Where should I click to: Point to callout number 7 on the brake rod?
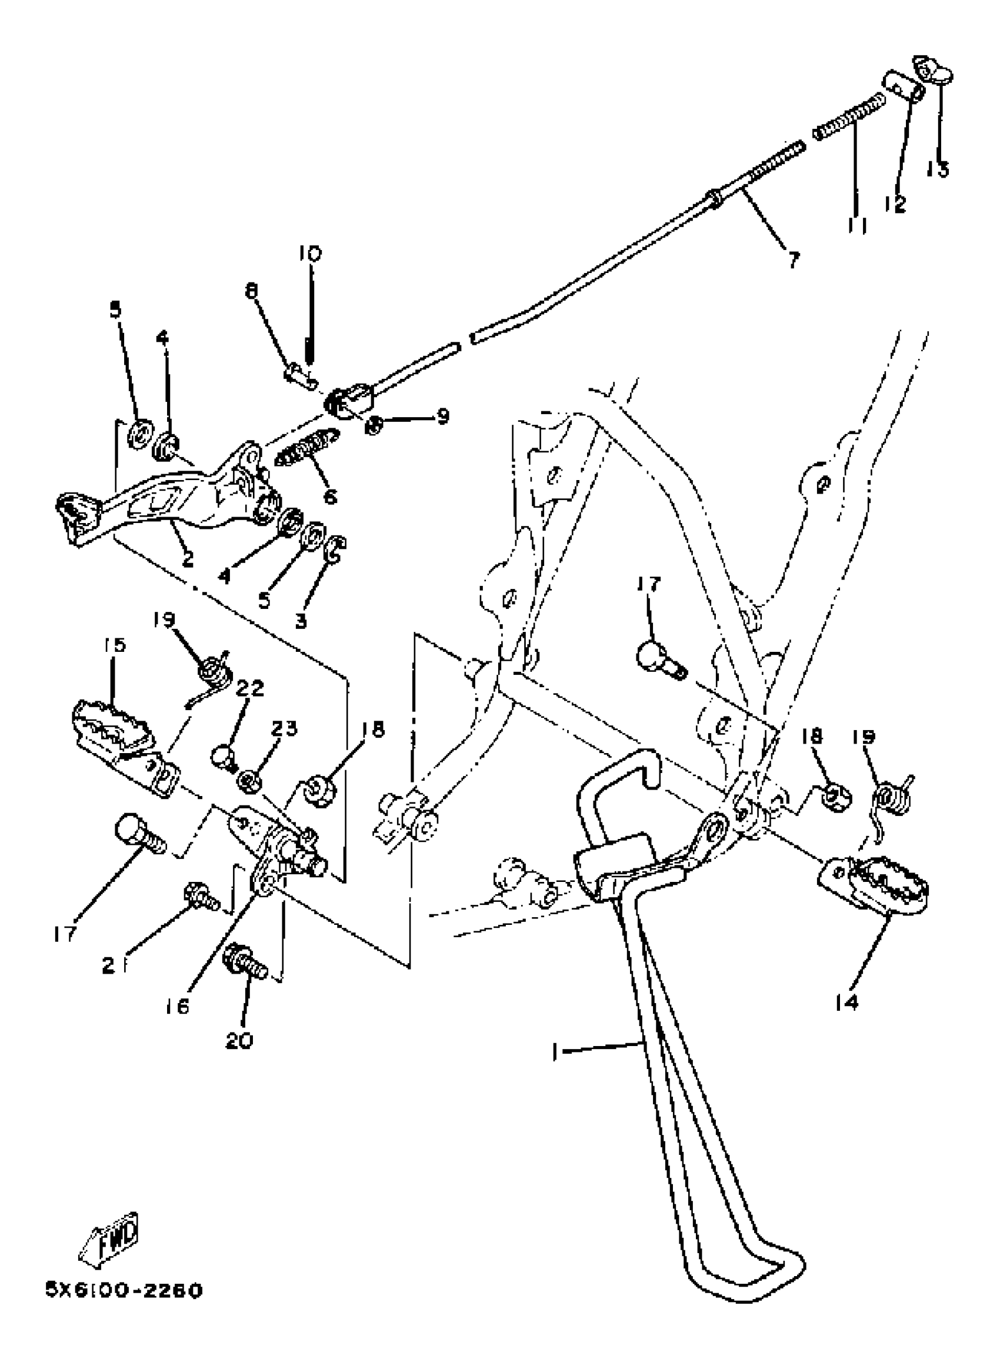click(x=794, y=260)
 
